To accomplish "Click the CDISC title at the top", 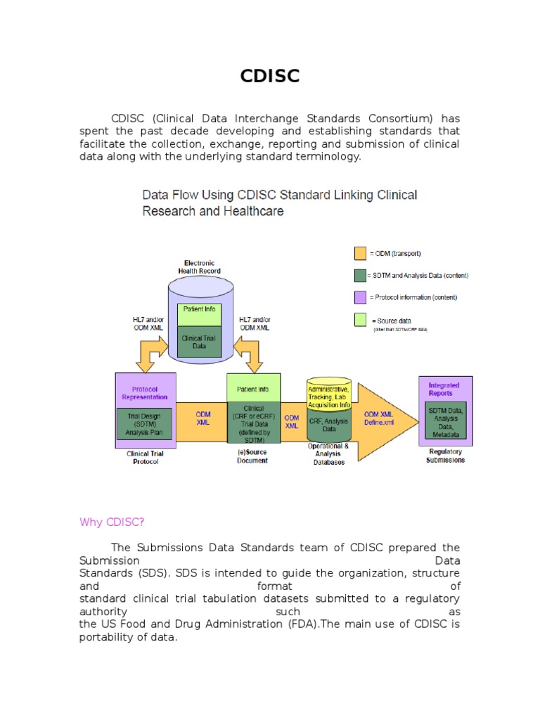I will (x=269, y=76).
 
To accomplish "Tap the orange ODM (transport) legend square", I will (x=360, y=253).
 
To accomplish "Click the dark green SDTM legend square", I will (x=360, y=275).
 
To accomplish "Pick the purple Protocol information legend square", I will (x=360, y=297).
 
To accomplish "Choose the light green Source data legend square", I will (x=360, y=320).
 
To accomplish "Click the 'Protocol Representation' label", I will (x=145, y=392).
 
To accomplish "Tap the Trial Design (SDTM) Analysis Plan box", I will (x=144, y=423).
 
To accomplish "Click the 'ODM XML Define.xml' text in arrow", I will (x=379, y=418).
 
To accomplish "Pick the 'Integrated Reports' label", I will (x=444, y=389).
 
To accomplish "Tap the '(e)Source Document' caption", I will (x=252, y=456).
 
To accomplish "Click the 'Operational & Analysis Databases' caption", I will (x=328, y=454).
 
